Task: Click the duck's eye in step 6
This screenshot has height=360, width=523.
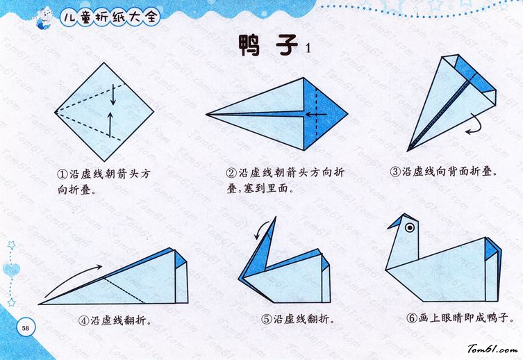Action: [x=410, y=227]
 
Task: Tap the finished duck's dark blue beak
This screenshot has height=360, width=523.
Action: [x=396, y=222]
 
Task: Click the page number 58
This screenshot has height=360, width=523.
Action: [x=25, y=327]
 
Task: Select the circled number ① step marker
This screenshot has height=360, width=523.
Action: [x=63, y=174]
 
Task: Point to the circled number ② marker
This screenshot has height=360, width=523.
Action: [x=231, y=173]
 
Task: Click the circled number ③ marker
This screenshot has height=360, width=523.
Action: [x=395, y=172]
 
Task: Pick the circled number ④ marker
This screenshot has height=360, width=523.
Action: [x=84, y=321]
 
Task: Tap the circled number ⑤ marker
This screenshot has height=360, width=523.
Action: [x=267, y=320]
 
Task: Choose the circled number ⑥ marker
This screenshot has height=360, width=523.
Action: [x=412, y=318]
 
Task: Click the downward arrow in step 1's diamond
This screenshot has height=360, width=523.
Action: [x=113, y=95]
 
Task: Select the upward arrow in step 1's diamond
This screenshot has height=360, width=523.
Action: [x=110, y=124]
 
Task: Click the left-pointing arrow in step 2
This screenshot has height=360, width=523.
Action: [x=316, y=115]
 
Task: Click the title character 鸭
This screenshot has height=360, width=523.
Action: [x=249, y=45]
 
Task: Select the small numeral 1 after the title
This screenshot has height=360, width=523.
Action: [x=308, y=48]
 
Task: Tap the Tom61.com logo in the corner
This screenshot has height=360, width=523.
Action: [x=492, y=350]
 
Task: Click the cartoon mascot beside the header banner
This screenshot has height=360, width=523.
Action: [x=45, y=18]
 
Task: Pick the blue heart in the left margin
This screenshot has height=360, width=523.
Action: [x=11, y=270]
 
